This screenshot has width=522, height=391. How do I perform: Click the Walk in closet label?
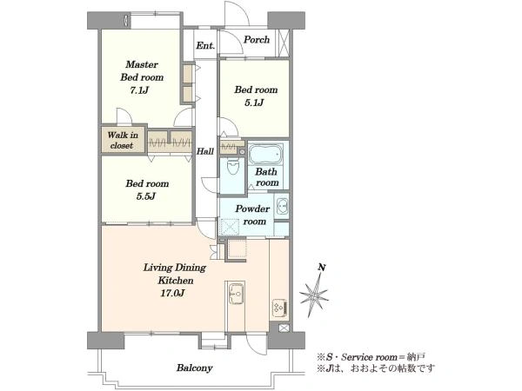[x=123, y=140]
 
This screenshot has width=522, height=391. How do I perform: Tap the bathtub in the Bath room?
[x=265, y=155]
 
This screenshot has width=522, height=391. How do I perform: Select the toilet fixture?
[x=232, y=166]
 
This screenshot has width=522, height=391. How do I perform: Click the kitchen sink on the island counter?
[x=236, y=294]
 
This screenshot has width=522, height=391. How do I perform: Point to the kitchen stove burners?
[x=279, y=308]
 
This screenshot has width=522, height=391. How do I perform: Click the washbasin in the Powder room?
[x=282, y=206]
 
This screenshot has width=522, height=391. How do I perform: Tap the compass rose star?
[x=313, y=295]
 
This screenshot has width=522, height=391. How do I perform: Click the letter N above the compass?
[x=322, y=268]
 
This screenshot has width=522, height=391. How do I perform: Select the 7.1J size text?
[x=139, y=90]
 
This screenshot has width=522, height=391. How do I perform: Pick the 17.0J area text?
[x=172, y=294]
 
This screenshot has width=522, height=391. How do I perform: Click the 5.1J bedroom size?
[x=254, y=103]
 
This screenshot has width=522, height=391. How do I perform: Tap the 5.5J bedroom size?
[x=146, y=196]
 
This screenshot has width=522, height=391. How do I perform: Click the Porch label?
[x=257, y=40]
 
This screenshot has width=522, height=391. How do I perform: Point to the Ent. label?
[x=205, y=45]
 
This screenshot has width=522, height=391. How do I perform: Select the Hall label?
[x=205, y=151]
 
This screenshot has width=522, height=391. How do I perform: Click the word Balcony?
[x=194, y=368]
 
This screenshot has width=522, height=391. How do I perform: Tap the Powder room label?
[x=252, y=215]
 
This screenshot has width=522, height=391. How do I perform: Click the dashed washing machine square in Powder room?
[x=230, y=228]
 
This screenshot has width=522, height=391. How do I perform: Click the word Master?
[x=142, y=64]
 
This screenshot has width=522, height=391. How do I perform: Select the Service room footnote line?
[x=371, y=357]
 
